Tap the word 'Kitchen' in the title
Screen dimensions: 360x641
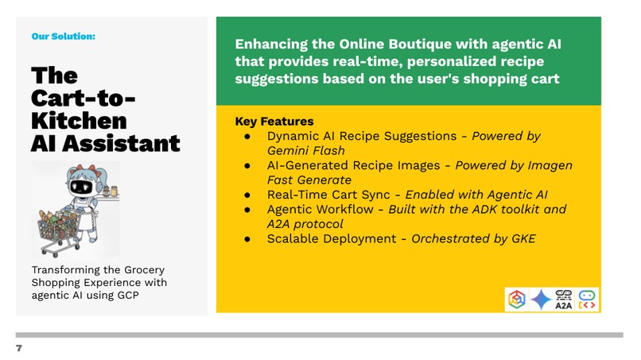coord(79,121)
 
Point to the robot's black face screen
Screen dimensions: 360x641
coord(81,188)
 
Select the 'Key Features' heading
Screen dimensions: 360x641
coord(274,122)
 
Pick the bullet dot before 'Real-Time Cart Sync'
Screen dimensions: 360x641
coord(248,195)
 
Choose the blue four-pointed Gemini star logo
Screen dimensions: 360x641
coord(542,299)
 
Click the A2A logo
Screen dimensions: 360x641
coord(565,299)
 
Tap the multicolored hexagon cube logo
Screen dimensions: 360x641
coord(517,299)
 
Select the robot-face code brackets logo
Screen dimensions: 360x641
coord(587,299)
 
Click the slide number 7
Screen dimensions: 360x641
coord(19,348)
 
